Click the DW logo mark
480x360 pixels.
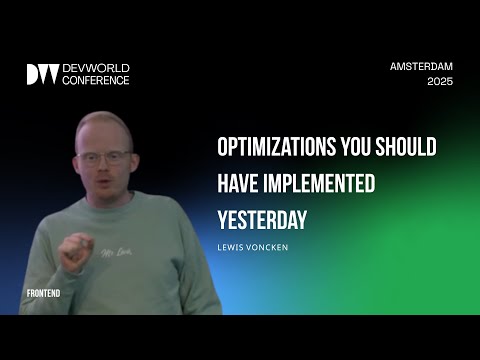click(x=42, y=74)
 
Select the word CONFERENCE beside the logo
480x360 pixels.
click(x=96, y=80)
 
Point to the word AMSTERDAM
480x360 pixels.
click(x=421, y=66)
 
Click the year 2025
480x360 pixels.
click(x=439, y=82)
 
